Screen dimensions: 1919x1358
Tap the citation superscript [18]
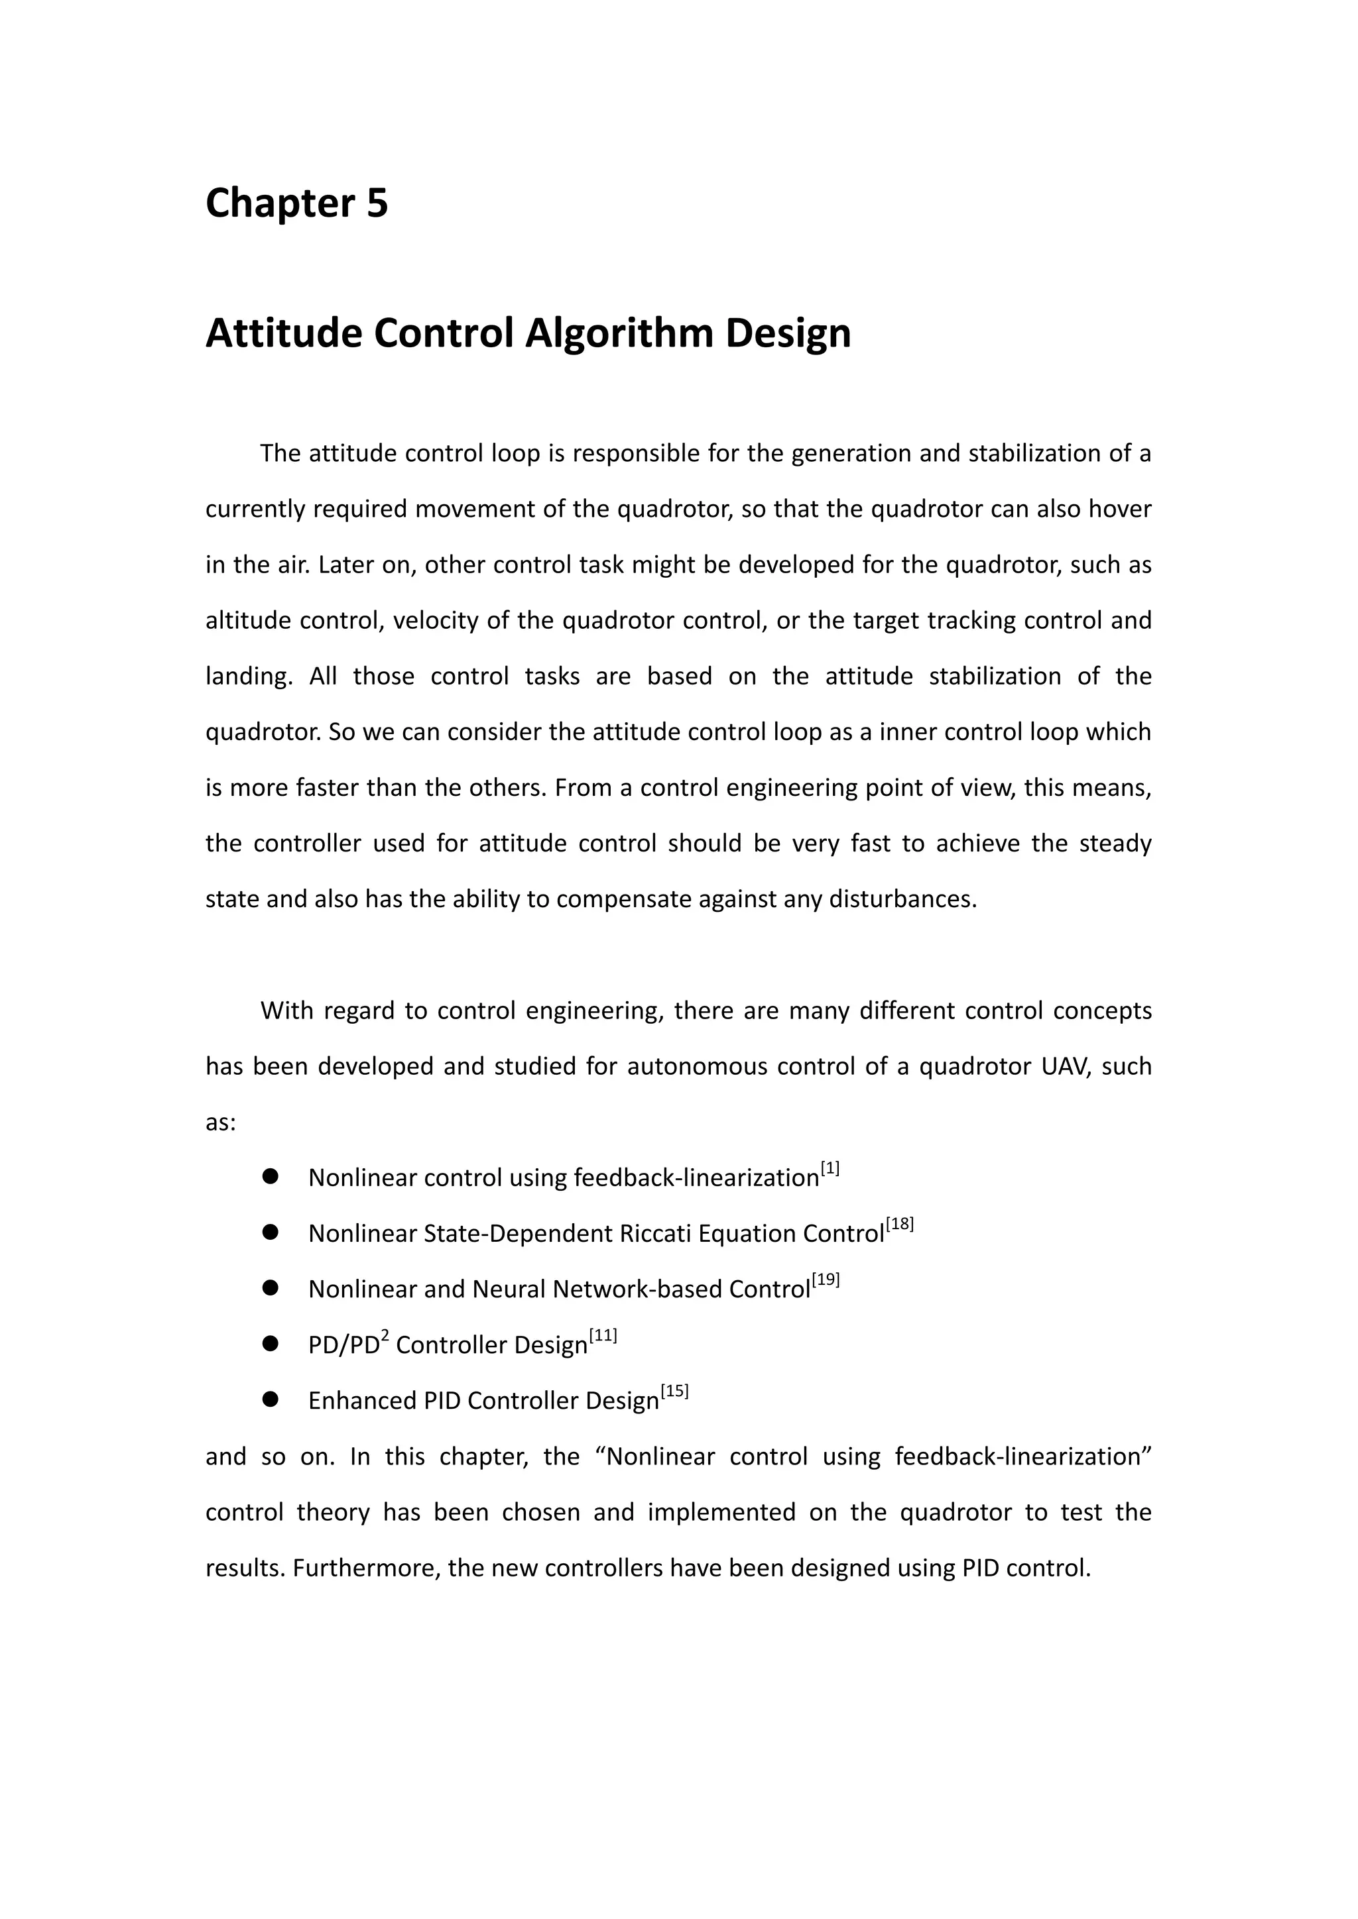[x=900, y=1225]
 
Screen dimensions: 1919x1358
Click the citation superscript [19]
[x=826, y=1280]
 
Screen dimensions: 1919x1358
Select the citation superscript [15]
[x=674, y=1391]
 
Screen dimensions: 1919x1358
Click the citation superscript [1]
[x=830, y=1168]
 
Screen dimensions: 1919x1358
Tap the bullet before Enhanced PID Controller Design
[x=269, y=1399]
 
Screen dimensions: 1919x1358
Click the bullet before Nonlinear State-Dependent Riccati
[x=269, y=1232]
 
